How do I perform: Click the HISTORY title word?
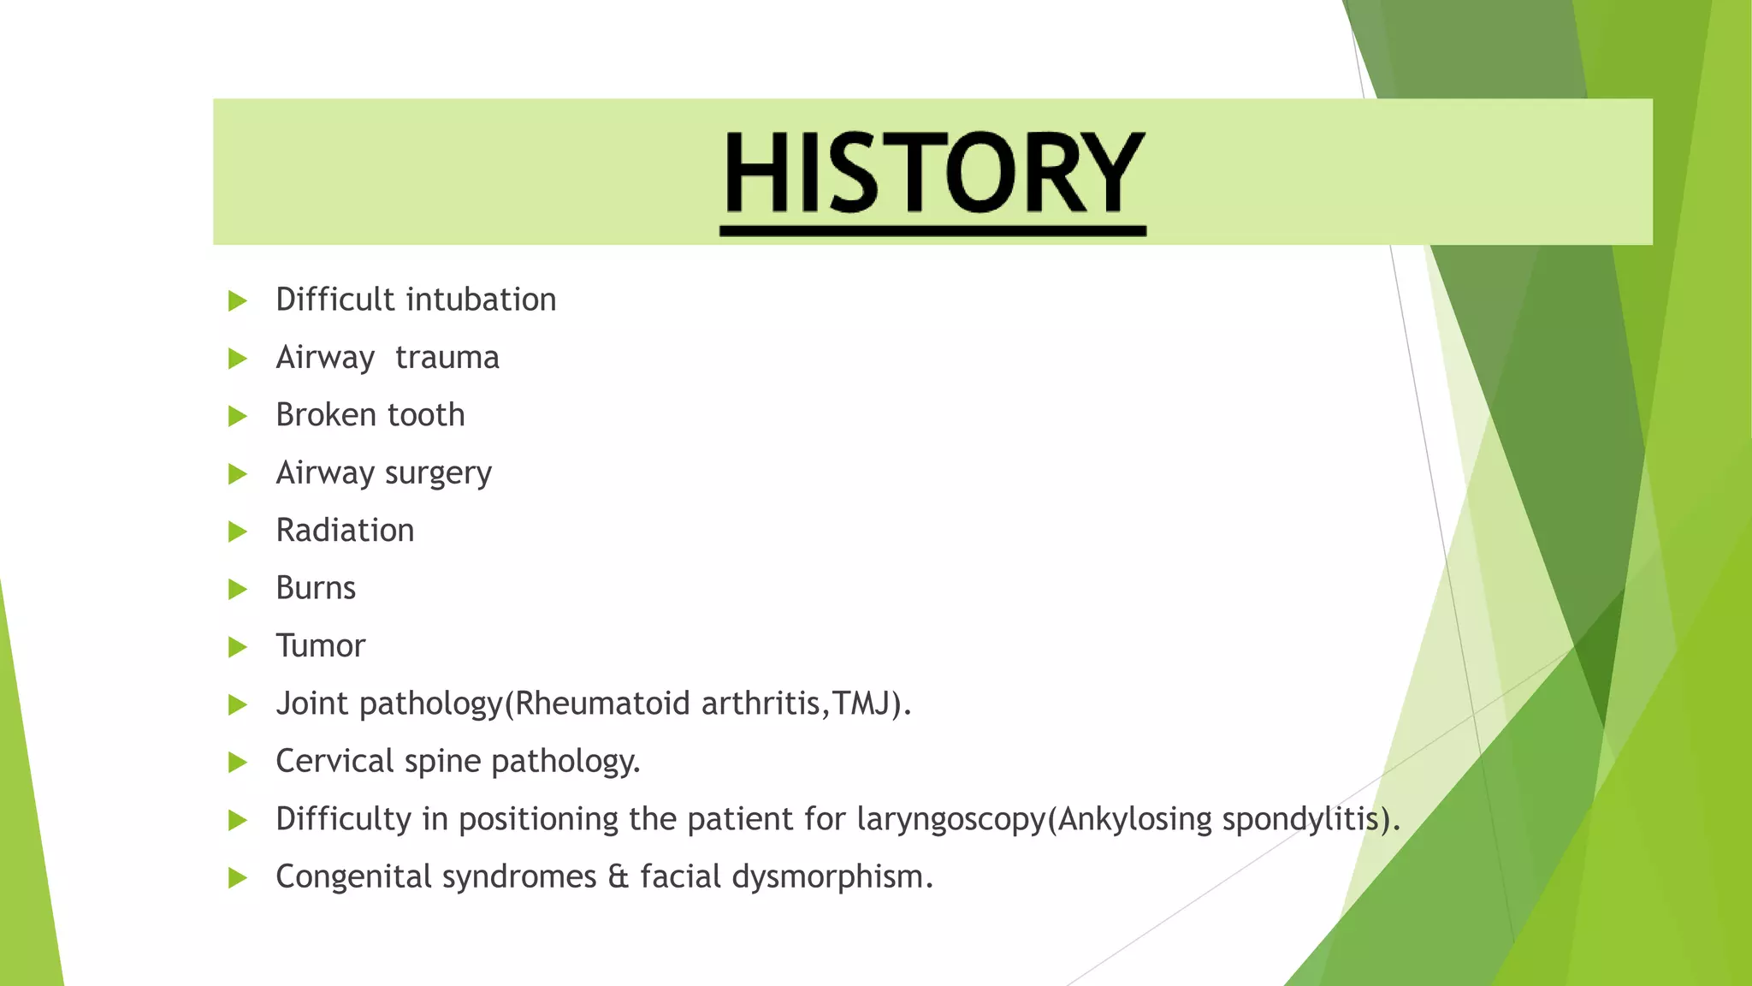click(x=932, y=174)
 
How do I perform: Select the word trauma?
click(x=447, y=358)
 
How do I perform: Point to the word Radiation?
click(x=345, y=531)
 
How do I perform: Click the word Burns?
click(x=316, y=588)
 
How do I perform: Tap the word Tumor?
click(x=320, y=646)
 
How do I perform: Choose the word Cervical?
click(x=334, y=761)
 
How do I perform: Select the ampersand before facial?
click(x=618, y=877)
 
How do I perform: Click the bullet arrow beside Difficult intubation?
click(x=238, y=301)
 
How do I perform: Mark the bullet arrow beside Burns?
click(x=238, y=590)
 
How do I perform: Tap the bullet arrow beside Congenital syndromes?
click(x=238, y=878)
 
